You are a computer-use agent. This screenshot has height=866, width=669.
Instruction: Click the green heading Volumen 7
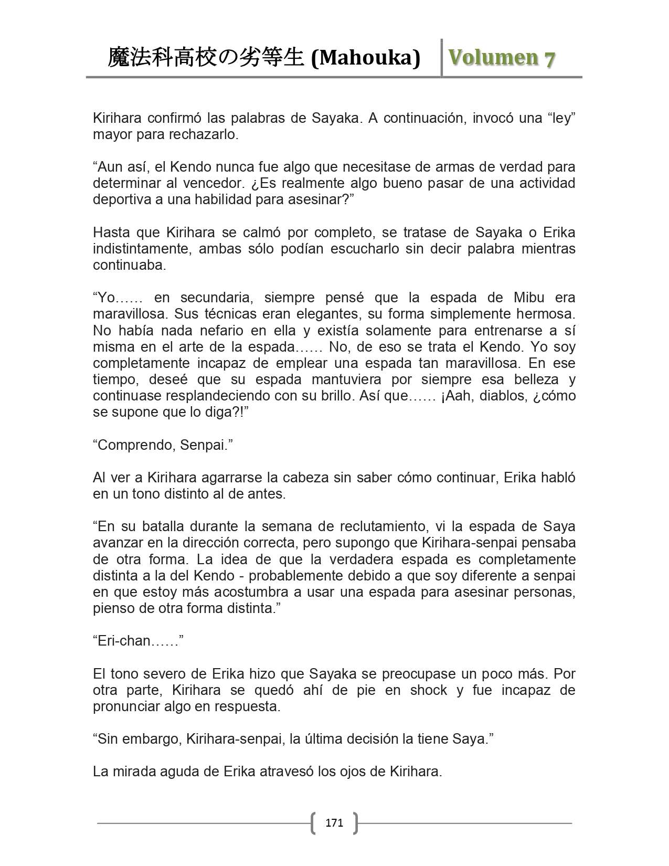(x=501, y=58)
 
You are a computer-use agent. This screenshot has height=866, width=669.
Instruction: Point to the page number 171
(x=334, y=822)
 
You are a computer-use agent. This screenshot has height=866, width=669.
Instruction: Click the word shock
(x=429, y=690)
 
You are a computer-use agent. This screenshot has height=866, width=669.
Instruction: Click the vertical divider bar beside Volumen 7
(x=442, y=58)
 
